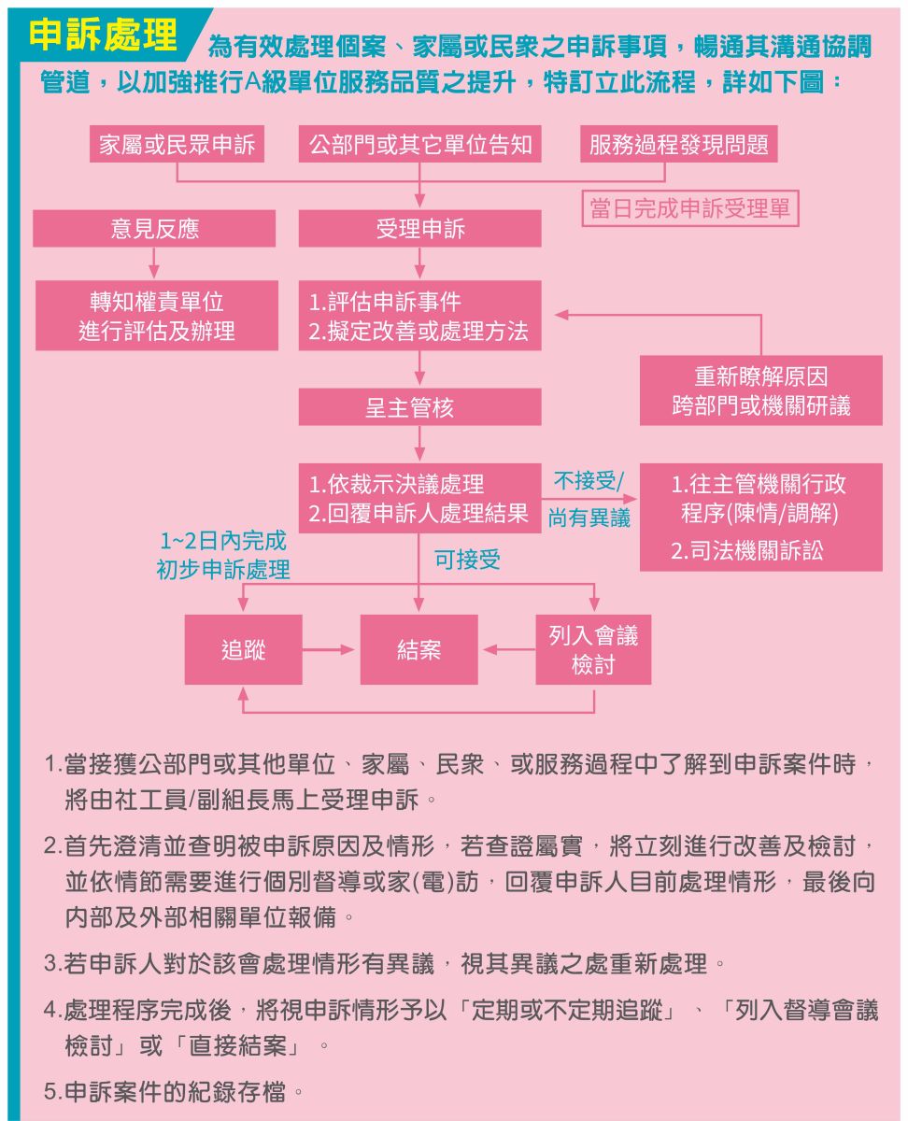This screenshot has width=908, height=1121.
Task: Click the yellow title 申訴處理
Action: coord(103,35)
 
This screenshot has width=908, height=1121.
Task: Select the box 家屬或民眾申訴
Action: coord(177,144)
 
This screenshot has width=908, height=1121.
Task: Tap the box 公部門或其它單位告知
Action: coord(419,144)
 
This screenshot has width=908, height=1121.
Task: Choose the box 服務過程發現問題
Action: coord(678,144)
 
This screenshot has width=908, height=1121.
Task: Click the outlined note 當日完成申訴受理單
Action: coord(690,208)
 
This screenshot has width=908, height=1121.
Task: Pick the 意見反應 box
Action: coord(154,229)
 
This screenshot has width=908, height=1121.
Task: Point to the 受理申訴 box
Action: coord(419,229)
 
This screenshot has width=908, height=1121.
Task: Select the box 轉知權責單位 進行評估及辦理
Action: coord(157,315)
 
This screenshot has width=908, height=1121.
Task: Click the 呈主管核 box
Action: coord(419,406)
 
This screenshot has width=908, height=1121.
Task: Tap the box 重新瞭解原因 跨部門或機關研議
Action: coord(761,390)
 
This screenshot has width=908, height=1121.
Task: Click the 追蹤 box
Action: coord(243,649)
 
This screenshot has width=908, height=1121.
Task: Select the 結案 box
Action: coord(419,649)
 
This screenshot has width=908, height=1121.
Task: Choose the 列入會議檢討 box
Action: coord(593,649)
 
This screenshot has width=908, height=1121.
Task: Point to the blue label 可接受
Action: coord(467,560)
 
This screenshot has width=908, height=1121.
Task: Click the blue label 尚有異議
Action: coord(589,518)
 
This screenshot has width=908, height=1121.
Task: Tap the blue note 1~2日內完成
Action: coord(223,541)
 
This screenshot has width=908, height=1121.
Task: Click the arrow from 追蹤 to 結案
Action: coord(329,649)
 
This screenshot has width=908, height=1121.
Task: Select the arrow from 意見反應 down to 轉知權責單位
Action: coord(154,263)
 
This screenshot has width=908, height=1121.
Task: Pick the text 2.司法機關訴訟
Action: coord(747,550)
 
